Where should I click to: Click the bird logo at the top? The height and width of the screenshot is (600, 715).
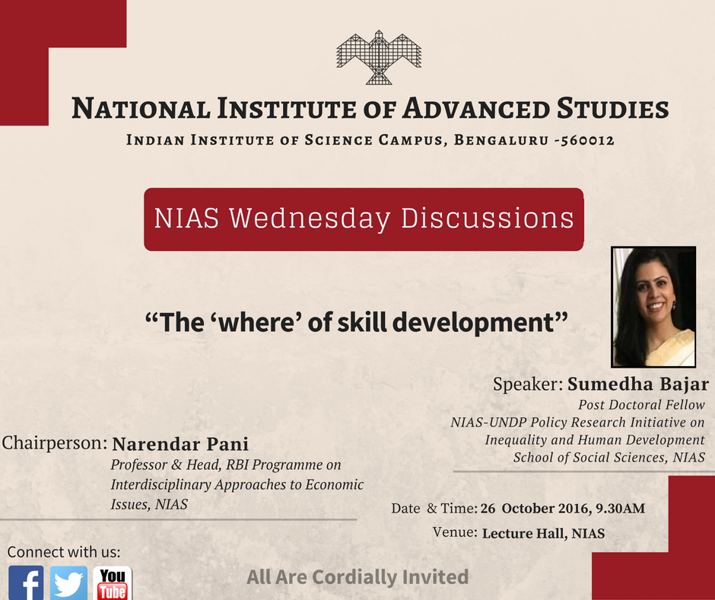[378, 57]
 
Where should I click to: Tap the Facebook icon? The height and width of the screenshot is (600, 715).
[26, 583]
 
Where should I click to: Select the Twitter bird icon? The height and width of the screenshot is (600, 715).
[69, 583]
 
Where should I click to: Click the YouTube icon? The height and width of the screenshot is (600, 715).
[113, 583]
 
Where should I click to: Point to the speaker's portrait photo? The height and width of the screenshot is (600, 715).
[654, 307]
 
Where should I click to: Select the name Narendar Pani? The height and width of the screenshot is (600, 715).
[180, 444]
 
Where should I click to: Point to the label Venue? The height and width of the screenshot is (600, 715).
[455, 532]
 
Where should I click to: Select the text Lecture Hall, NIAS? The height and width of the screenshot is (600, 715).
[543, 533]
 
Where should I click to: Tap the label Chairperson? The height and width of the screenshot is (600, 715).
[55, 443]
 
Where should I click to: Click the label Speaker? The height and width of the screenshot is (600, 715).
[527, 384]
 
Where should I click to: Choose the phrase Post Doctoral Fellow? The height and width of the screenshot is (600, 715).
[641, 405]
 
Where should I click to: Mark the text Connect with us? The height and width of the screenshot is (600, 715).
[64, 552]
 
